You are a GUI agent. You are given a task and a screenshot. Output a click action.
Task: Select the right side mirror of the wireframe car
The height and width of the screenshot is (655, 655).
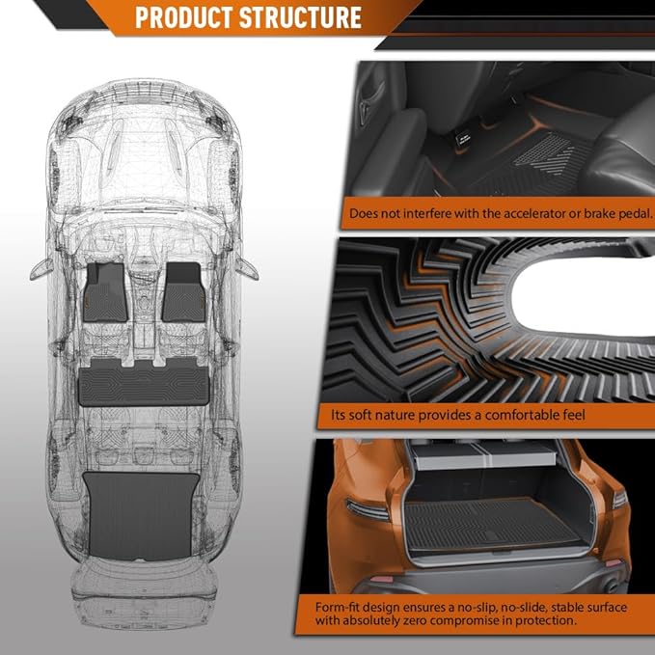point(248,267)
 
